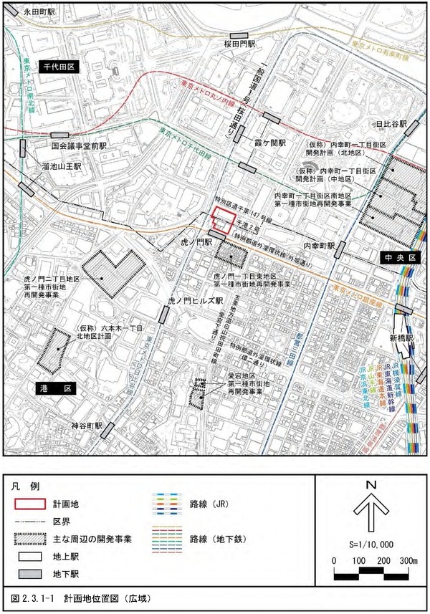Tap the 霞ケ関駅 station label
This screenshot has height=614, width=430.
click(271, 143)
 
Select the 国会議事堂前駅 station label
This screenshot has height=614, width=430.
click(79, 145)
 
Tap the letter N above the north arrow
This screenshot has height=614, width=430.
click(371, 485)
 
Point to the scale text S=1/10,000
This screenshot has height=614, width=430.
click(371, 544)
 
